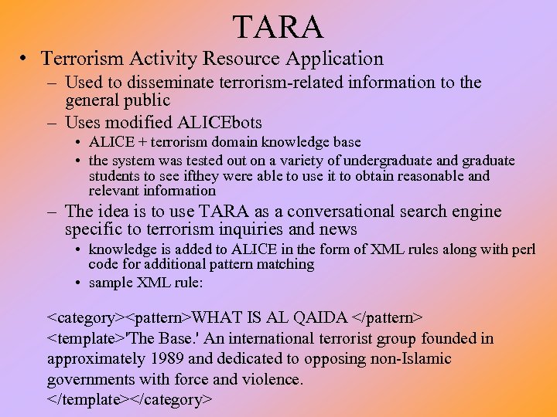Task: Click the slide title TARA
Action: point(278,27)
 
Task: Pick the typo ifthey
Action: point(217,176)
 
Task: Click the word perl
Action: point(522,249)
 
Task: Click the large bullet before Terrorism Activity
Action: point(26,59)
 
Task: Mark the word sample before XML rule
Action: point(111,283)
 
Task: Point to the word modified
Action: point(140,123)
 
